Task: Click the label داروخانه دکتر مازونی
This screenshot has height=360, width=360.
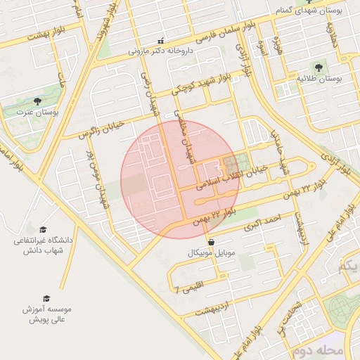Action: tap(161, 51)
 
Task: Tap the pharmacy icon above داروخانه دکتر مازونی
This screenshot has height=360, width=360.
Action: tap(161, 41)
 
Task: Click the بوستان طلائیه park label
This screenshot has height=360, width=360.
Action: tap(319, 78)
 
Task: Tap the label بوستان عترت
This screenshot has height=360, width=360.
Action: tap(42, 112)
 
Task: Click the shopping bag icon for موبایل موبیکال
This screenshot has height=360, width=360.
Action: tap(212, 242)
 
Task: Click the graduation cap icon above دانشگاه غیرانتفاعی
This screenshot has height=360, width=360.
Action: tap(43, 230)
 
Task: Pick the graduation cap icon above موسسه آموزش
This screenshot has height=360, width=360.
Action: tap(46, 298)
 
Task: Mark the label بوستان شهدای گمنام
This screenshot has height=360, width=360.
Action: tap(314, 12)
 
